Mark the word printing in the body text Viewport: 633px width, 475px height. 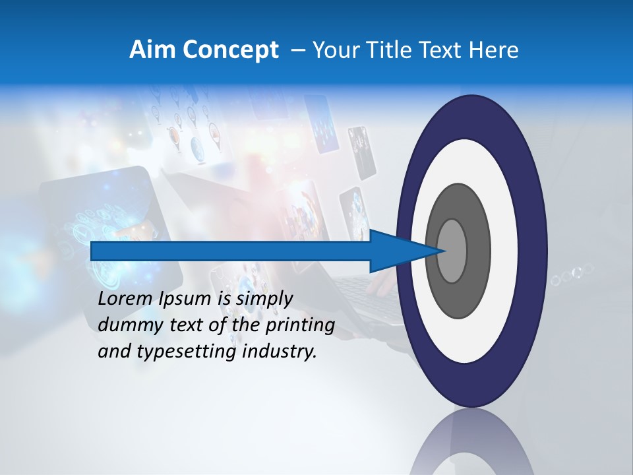coord(300,326)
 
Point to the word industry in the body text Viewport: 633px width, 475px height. coord(280,352)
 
